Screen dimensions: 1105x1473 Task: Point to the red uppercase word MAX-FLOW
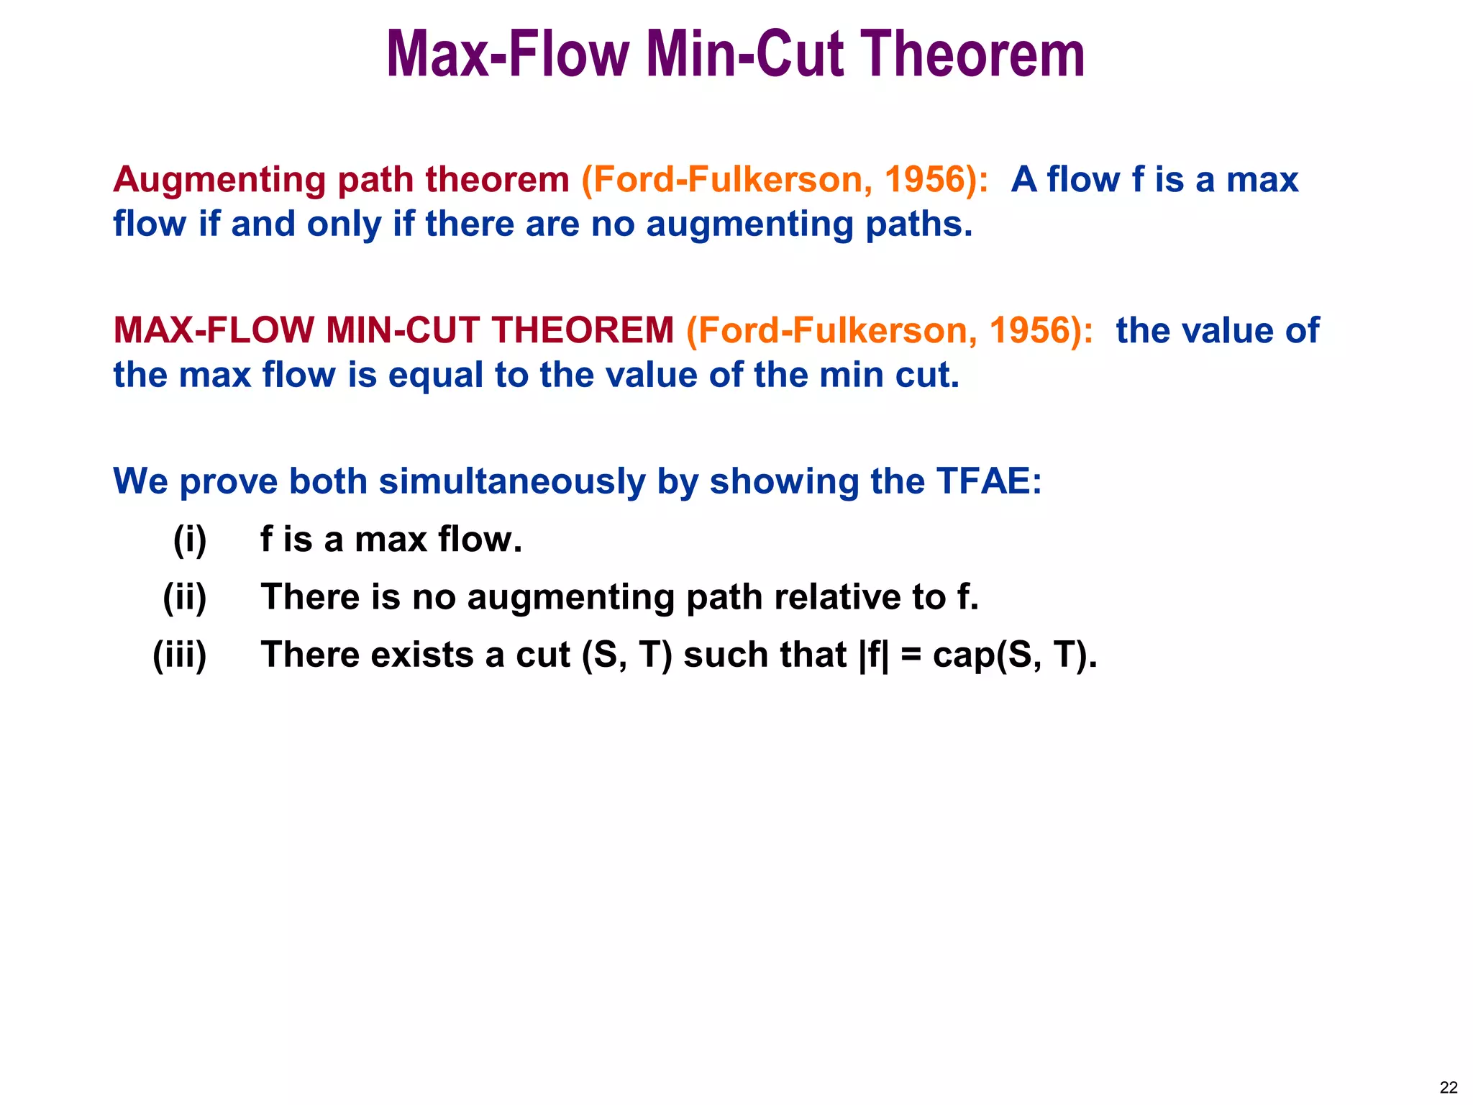coord(214,331)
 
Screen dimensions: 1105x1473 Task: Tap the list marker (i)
coord(190,540)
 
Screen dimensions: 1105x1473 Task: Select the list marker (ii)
coord(185,597)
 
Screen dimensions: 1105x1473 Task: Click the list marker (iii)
coord(180,655)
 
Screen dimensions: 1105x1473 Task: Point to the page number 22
coord(1449,1087)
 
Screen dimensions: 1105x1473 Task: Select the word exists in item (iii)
coord(422,655)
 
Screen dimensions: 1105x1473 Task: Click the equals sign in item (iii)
coord(911,656)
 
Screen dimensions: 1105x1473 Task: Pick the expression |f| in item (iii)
coord(875,655)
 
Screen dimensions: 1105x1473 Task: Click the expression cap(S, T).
coord(1015,655)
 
